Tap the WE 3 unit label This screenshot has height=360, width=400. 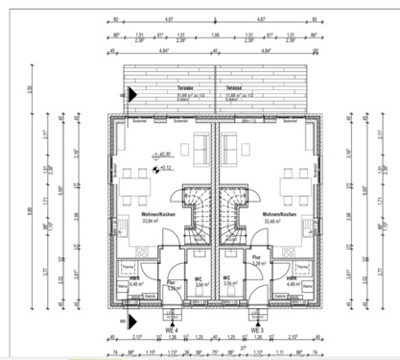(x=257, y=329)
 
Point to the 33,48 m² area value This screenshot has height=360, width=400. (x=278, y=220)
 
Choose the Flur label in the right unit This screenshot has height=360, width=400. (x=256, y=256)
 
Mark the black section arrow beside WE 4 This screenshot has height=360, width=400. (x=134, y=323)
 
